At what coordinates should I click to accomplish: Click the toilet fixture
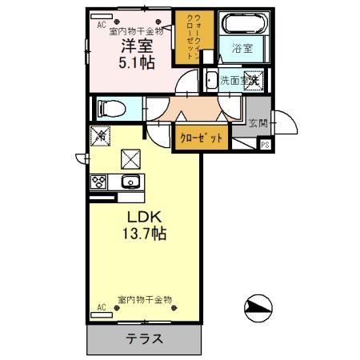110,106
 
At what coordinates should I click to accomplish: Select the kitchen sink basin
130,181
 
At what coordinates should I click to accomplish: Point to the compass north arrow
258,307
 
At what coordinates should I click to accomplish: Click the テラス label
145,338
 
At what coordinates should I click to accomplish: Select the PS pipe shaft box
265,144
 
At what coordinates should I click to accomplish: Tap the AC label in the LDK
102,307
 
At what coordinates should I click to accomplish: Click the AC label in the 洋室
102,24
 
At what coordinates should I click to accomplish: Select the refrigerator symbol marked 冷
102,137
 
